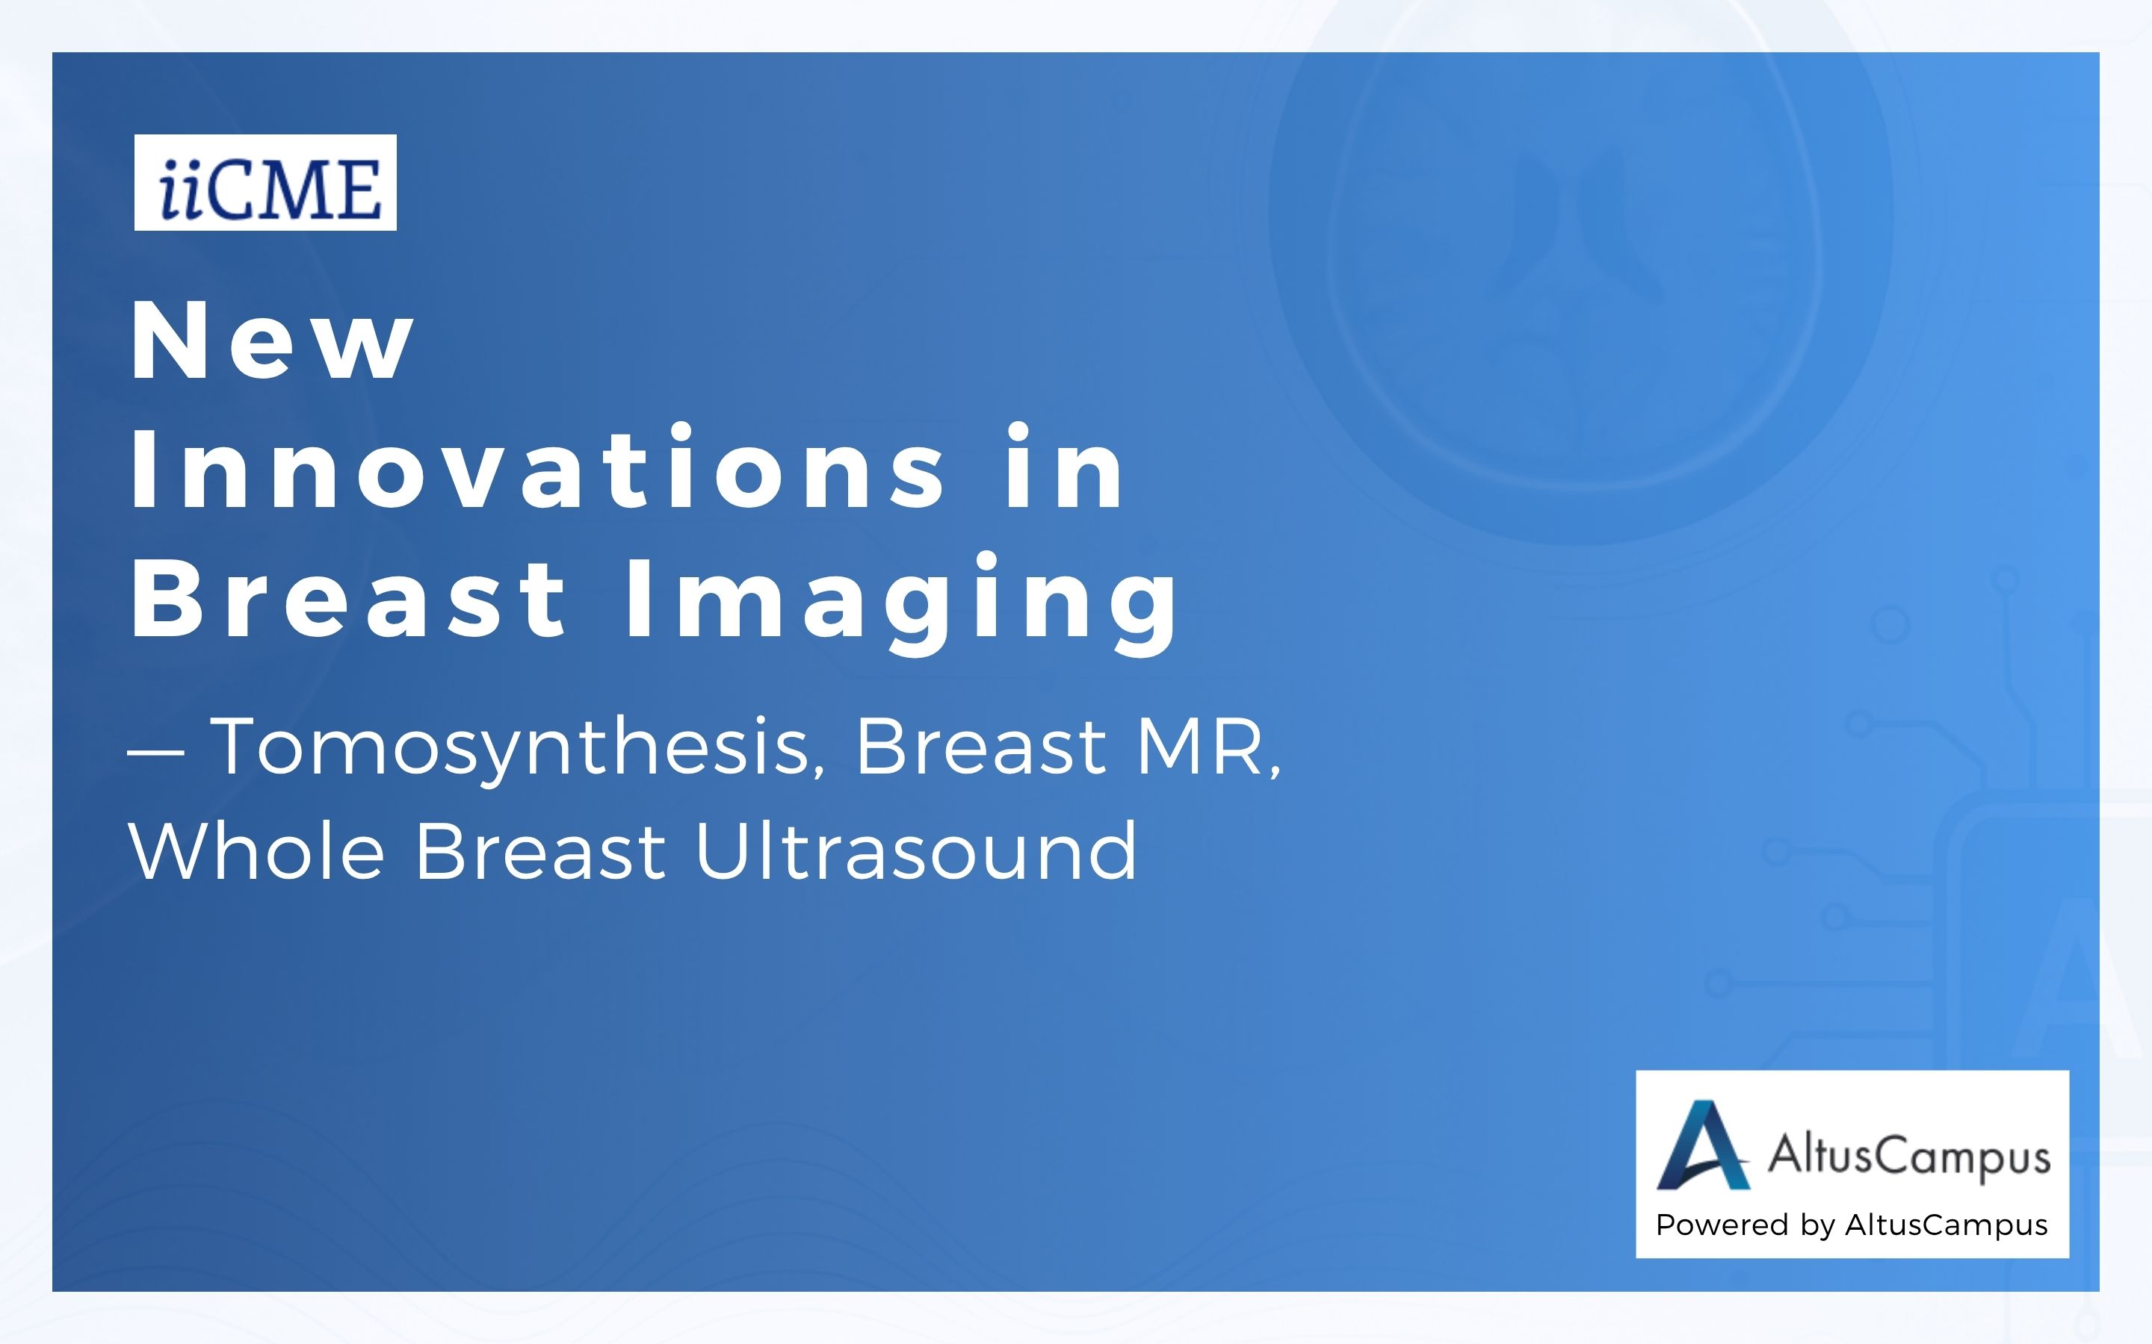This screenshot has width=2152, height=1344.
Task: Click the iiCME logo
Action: point(265,182)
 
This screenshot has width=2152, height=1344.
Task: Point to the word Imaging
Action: point(903,605)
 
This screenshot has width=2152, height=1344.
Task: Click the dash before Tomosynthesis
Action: point(155,750)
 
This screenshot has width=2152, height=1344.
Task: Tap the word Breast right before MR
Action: point(981,747)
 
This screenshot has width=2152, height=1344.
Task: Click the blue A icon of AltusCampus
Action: point(1703,1145)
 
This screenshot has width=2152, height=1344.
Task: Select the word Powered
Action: point(1722,1225)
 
